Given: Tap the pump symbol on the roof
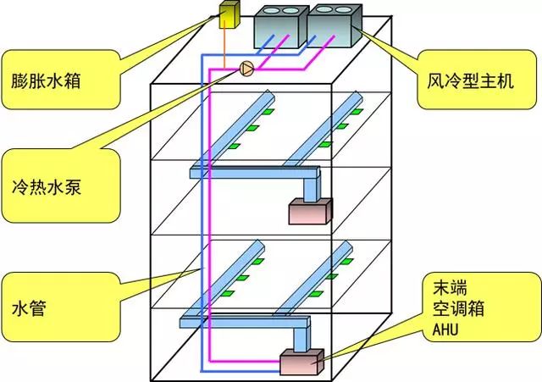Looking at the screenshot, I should click(x=246, y=68).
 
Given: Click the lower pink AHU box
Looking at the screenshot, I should click(x=301, y=362).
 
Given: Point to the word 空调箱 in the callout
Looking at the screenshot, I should click(x=451, y=307).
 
